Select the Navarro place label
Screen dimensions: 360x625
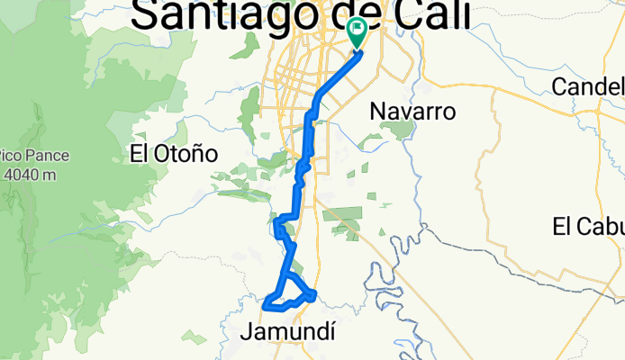[412, 112]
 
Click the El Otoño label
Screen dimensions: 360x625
[174, 154]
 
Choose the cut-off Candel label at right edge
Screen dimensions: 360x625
[589, 86]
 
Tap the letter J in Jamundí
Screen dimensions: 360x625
[247, 332]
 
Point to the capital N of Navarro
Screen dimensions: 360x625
[378, 112]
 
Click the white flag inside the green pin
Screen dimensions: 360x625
[358, 30]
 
